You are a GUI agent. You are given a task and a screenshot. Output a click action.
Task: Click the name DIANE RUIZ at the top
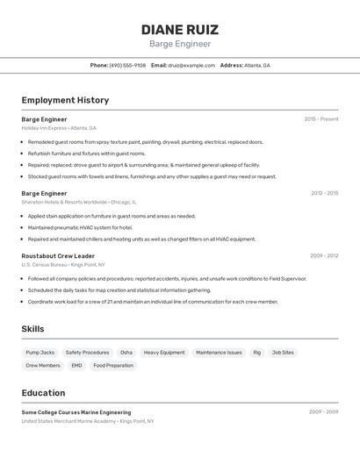point(180,29)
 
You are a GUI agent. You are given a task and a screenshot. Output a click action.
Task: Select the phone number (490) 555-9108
point(127,65)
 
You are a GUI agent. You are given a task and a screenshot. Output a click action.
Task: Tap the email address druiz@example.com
point(191,65)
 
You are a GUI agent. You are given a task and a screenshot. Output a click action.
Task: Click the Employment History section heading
point(65,100)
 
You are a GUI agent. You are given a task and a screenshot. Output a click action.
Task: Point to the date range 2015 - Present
point(321,119)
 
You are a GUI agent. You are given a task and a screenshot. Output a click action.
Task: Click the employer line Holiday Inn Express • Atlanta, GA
point(59,128)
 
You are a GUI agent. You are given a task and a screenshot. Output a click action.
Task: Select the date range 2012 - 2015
point(324,193)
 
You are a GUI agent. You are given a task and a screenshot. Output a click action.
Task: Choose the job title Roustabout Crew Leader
point(58,256)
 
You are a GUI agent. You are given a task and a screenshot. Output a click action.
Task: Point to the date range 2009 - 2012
point(324,256)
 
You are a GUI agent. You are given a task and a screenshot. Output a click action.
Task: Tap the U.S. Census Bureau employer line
point(63,265)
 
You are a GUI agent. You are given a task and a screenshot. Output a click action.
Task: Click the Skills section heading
point(33,329)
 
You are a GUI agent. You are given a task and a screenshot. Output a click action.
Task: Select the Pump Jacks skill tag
point(40,353)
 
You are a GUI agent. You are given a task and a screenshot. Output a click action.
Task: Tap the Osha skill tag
point(126,353)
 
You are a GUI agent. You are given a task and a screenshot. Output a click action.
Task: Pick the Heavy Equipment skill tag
point(164,353)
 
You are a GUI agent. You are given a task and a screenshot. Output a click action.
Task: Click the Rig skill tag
point(257,353)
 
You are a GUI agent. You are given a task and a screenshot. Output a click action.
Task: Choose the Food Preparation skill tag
point(113,365)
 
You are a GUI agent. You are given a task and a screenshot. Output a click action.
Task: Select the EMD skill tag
point(77,365)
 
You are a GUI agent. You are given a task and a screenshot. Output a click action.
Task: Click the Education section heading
point(43,393)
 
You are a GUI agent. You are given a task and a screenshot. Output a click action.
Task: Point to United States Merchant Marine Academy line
point(88,421)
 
